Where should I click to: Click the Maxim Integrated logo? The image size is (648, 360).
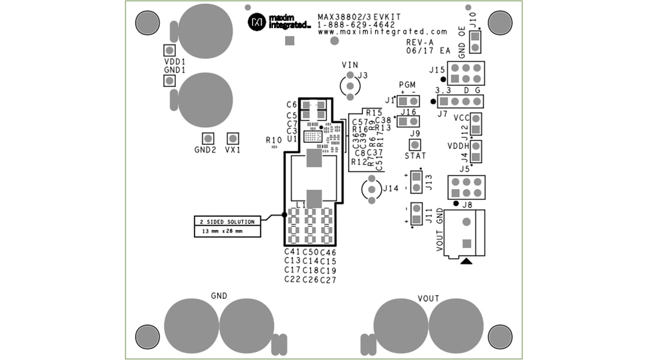pyautogui.click(x=279, y=22)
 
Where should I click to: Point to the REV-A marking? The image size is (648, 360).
pyautogui.click(x=419, y=43)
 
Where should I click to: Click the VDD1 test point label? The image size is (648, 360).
pyautogui.click(x=175, y=62)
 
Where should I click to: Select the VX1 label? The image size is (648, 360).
pyautogui.click(x=233, y=150)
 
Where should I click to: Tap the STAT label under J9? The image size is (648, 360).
pyautogui.click(x=415, y=156)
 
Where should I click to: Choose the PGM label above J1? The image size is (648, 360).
pyautogui.click(x=407, y=85)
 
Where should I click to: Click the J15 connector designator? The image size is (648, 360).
pyautogui.click(x=437, y=70)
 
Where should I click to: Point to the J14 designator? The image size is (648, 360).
pyautogui.click(x=391, y=188)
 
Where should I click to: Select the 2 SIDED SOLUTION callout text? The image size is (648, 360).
pyautogui.click(x=227, y=221)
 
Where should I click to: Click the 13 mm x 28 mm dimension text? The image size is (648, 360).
pyautogui.click(x=223, y=231)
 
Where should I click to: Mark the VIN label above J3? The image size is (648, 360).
pyautogui.click(x=350, y=65)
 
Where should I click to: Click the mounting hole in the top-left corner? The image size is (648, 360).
pyautogui.click(x=148, y=23)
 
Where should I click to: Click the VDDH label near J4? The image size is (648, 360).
pyautogui.click(x=458, y=146)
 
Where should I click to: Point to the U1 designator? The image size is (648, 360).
pyautogui.click(x=292, y=139)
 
